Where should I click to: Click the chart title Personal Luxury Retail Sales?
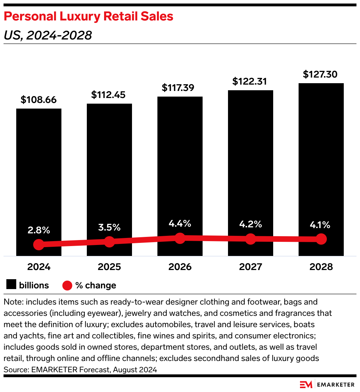pos(89,16)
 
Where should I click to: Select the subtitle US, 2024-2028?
pos(48,35)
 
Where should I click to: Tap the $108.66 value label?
pos(38,100)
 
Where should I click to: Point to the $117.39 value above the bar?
pos(180,88)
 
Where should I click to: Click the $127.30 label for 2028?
pos(320,74)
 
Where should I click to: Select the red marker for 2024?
pos(38,244)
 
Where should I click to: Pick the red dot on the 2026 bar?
pos(180,238)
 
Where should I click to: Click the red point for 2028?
pos(321,239)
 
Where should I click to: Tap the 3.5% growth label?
pos(109,227)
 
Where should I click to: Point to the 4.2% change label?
pos(250,224)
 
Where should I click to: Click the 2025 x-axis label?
pos(109,267)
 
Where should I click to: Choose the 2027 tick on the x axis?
pos(250,267)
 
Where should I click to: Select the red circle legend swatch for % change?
pos(67,285)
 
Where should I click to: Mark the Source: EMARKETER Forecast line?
pos(80,370)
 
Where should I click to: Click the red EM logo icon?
pos(306,384)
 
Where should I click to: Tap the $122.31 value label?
pos(250,81)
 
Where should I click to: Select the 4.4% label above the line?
pos(180,223)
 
